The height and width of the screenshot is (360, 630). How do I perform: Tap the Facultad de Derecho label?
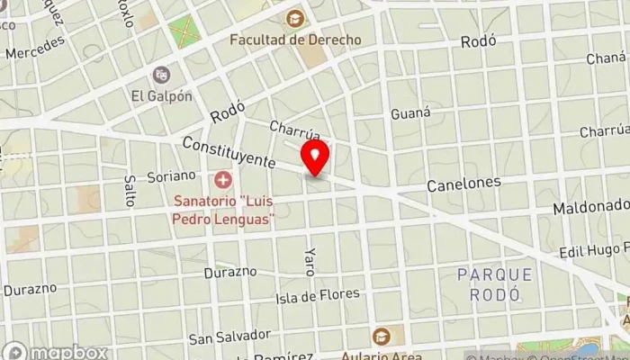[x=295, y=40]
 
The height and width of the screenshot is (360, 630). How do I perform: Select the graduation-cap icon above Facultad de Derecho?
[x=294, y=18]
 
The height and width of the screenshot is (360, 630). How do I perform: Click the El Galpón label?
[x=161, y=96]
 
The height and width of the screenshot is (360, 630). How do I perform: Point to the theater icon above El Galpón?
[x=161, y=75]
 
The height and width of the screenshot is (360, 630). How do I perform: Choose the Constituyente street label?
[x=229, y=152]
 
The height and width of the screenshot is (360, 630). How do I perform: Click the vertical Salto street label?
[x=130, y=189]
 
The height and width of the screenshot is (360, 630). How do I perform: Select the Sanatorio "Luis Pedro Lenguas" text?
[x=225, y=211]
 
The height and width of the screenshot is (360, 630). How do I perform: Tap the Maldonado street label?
[x=589, y=208]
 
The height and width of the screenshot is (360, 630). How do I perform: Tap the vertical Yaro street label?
[x=310, y=261]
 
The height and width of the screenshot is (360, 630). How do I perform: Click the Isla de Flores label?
[x=318, y=294]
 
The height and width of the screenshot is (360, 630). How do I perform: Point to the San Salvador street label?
[x=229, y=337]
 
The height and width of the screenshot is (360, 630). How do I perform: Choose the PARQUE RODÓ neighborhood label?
[x=494, y=284]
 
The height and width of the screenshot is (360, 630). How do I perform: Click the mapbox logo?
[x=56, y=352]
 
